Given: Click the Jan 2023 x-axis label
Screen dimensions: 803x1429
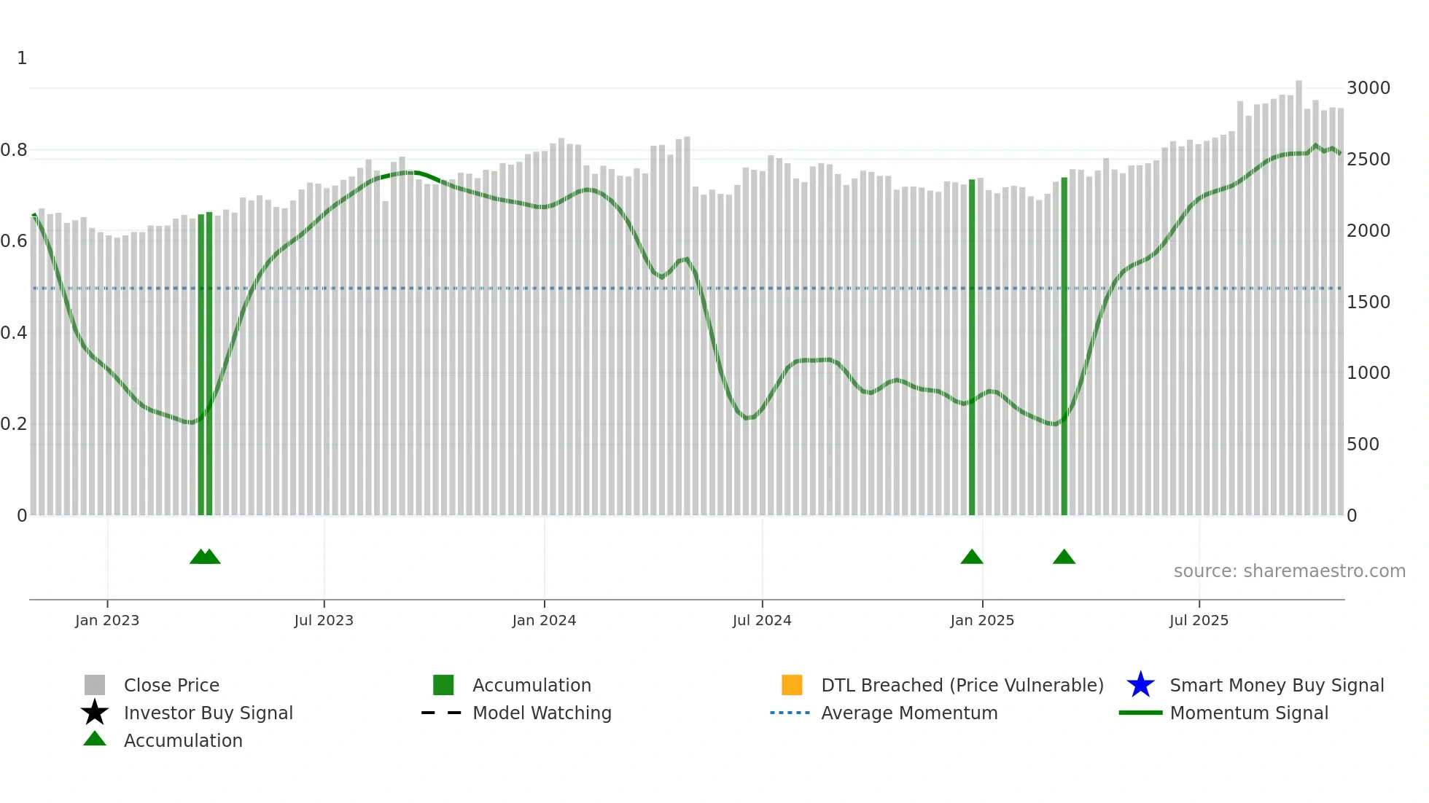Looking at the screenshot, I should [107, 620].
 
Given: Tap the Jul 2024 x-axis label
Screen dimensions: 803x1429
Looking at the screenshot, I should [762, 620].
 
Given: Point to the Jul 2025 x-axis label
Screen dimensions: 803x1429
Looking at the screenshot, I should [1199, 620].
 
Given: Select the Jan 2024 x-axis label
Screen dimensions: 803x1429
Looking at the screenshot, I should [544, 620].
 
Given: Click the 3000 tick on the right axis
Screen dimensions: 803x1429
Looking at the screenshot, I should [1368, 88].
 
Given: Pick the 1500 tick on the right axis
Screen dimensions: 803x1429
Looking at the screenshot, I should [1368, 302].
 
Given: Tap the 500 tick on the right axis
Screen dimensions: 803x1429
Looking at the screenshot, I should [1363, 444].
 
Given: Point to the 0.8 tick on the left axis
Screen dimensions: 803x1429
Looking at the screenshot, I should [14, 150].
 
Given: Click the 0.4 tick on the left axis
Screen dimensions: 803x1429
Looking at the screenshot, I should [14, 333].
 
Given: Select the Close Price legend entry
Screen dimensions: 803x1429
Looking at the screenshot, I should [171, 685].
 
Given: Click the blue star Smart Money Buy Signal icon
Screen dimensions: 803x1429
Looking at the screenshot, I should [1140, 685].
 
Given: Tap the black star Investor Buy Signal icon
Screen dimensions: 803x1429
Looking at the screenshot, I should [95, 713].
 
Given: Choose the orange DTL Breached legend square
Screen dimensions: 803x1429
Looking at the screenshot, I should [792, 685].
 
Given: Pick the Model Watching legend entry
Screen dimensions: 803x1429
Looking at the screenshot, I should [542, 713].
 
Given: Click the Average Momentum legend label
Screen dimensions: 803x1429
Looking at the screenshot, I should [909, 713].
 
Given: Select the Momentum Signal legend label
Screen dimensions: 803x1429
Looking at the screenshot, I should [1249, 713].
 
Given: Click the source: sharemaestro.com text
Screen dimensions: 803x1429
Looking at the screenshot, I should [1289, 571].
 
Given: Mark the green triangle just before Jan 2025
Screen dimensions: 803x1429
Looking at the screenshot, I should [972, 557].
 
